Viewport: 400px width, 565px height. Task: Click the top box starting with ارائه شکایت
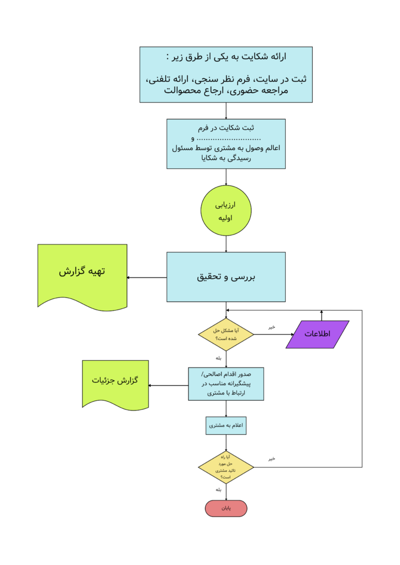(226, 74)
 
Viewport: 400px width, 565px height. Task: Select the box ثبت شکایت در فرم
(226, 143)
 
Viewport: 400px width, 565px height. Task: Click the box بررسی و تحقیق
(226, 277)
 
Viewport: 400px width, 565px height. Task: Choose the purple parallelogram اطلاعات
(318, 334)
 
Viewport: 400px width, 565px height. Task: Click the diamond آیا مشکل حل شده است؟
(226, 334)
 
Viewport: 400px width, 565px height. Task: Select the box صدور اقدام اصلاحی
(226, 384)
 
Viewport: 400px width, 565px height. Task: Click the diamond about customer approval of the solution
(226, 467)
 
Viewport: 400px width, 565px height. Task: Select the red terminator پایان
(226, 508)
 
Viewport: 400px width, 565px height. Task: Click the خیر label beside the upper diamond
(271, 327)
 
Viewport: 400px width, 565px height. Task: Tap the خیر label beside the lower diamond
(271, 459)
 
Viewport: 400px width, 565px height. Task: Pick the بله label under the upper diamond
(219, 358)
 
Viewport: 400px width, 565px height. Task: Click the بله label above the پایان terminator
(219, 489)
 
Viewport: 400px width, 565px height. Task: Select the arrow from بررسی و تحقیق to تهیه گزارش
(147, 277)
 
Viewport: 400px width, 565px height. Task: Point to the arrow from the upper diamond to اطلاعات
(271, 334)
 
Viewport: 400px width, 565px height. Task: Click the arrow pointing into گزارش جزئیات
(169, 385)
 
